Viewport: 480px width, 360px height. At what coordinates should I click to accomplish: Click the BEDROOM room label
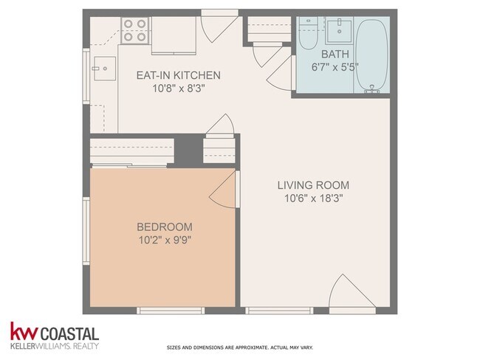click(165, 227)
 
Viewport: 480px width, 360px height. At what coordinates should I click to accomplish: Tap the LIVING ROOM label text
click(313, 185)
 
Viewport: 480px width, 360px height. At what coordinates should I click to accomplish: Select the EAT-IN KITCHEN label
click(178, 75)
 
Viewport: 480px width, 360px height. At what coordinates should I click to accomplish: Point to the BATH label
click(335, 54)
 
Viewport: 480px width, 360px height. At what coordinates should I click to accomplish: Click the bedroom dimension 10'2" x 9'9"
click(165, 240)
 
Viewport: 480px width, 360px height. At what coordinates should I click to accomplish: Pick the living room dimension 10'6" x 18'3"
click(313, 198)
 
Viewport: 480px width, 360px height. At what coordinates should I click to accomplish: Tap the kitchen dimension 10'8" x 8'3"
click(179, 89)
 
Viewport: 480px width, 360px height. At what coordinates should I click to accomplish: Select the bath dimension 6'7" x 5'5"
click(335, 67)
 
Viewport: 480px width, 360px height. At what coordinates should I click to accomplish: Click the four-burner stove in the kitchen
click(134, 30)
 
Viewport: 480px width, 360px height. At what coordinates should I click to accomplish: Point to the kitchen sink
click(105, 69)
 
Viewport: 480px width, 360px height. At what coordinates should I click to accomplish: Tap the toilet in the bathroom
click(308, 33)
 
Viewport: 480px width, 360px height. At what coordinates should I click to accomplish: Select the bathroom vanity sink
click(340, 30)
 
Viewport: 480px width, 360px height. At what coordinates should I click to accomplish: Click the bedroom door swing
click(224, 189)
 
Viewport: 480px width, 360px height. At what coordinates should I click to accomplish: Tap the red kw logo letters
click(24, 331)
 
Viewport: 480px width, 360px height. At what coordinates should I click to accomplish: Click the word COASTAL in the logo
click(69, 333)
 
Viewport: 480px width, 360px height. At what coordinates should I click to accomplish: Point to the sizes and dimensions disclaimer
click(240, 347)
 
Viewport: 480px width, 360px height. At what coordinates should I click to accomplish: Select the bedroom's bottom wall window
click(171, 311)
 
